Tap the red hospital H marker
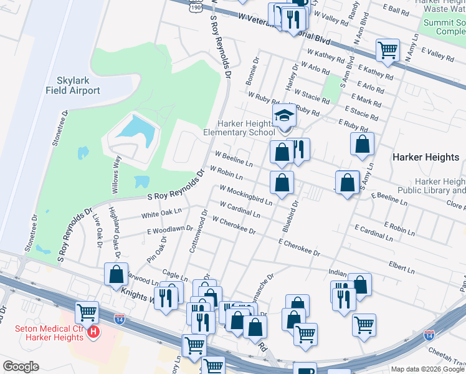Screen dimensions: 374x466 93,332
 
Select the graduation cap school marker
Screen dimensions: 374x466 285,116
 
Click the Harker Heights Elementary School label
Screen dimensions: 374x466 239,128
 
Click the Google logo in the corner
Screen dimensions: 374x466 21,367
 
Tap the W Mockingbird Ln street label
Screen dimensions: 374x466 245,195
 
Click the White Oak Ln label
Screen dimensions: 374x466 160,213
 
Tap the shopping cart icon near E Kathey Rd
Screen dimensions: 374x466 388,50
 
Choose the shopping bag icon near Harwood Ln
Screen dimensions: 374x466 117,274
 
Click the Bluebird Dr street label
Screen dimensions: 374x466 290,216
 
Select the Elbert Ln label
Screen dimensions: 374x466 402,269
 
